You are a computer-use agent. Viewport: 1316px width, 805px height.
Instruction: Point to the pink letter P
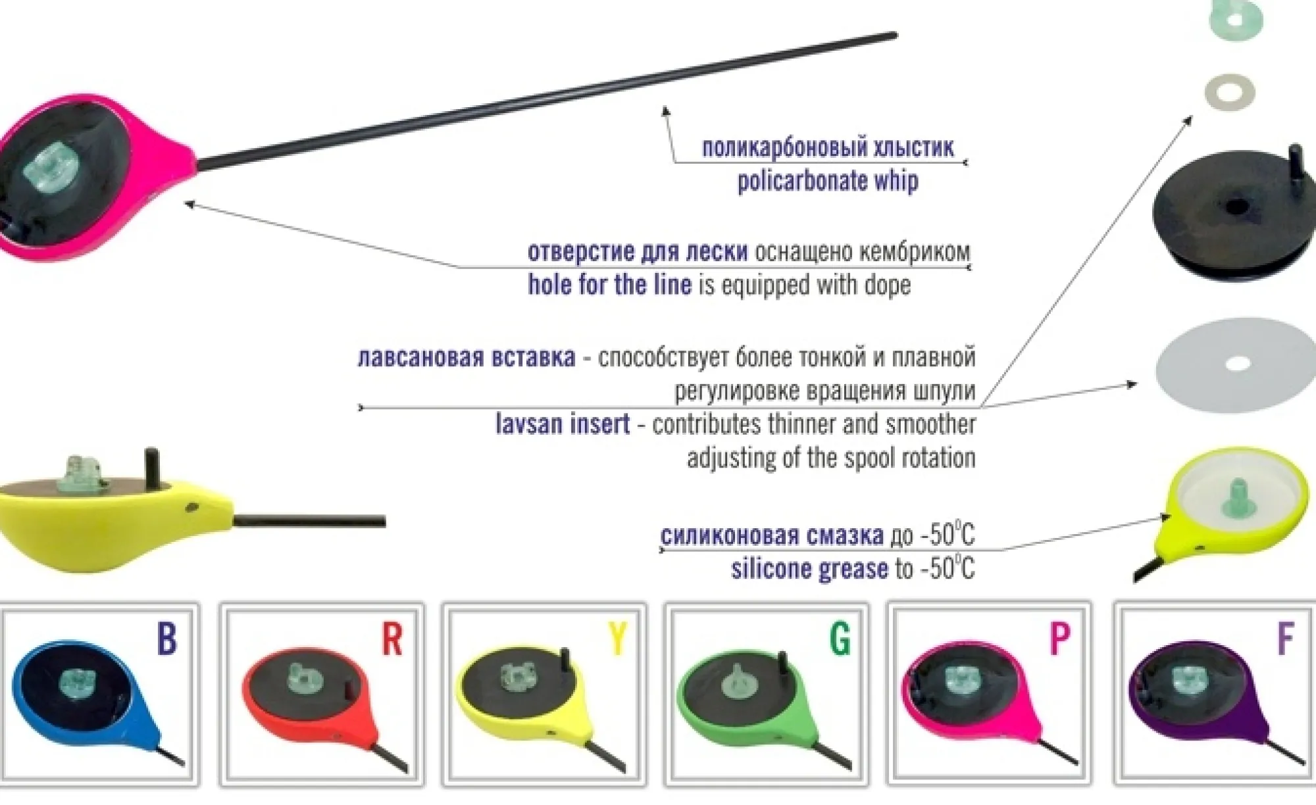1059,637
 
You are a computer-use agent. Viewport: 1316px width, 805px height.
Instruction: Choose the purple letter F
1285,637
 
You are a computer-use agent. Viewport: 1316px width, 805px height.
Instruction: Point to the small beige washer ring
1229,93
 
